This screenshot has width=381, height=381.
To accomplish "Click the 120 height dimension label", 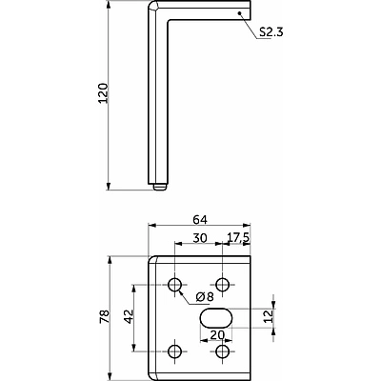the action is click(104, 93).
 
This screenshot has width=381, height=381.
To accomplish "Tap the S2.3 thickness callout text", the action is click(271, 32).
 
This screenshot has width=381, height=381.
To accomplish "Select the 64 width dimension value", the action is click(199, 219).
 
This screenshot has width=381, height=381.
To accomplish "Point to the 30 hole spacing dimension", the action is click(200, 237).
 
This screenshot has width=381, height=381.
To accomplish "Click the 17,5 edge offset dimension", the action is click(238, 238).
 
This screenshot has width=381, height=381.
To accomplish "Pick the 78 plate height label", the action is click(105, 316).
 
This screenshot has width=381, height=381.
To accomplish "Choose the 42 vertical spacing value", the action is click(129, 316).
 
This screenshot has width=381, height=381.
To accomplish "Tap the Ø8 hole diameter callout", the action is click(205, 297).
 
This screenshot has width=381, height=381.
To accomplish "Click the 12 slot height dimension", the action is click(269, 316).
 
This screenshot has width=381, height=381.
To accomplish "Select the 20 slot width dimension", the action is click(217, 334).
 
